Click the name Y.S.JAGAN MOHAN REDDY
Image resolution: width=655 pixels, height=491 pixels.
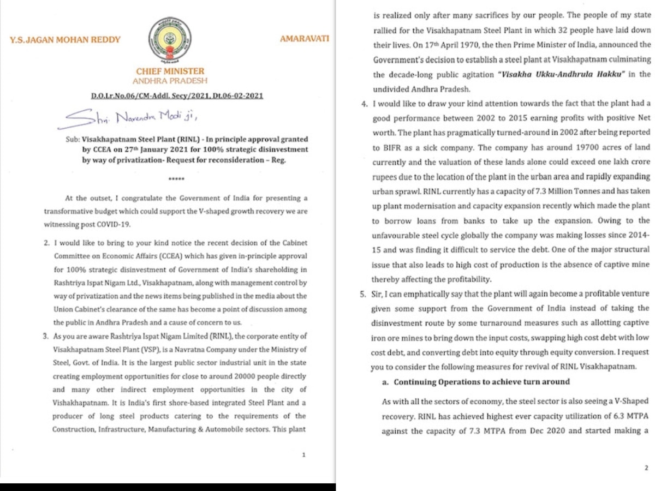(65, 40)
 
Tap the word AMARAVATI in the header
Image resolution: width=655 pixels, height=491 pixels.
(304, 39)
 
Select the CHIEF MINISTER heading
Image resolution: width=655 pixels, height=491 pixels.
(170, 71)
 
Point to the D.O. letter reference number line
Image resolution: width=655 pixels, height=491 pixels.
(177, 96)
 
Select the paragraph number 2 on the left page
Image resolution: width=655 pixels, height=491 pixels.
(47, 243)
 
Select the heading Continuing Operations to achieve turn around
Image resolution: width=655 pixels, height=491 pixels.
(481, 381)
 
